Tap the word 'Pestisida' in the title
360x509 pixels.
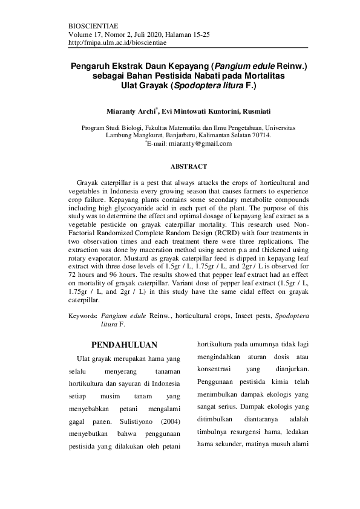185,76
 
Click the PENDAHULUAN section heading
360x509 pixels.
124,345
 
